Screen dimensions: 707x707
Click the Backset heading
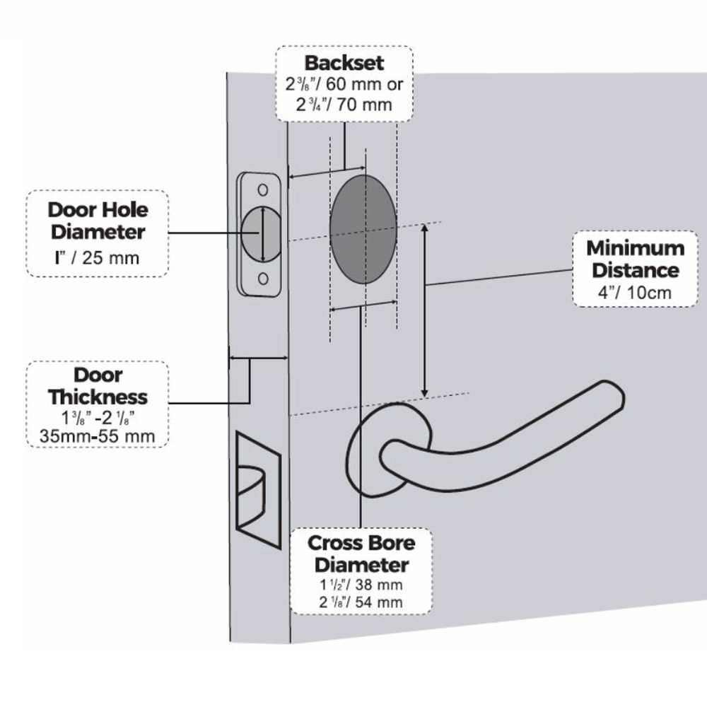point(344,63)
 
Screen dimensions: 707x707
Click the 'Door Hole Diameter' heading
point(98,221)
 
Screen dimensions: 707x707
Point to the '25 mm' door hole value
point(111,257)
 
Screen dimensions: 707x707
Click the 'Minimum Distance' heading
point(635,259)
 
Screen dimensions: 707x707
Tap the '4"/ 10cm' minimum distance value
point(634,293)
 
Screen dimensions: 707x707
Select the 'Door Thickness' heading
point(98,385)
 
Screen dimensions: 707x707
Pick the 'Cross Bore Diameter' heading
point(361,554)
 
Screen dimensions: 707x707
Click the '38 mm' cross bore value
point(380,585)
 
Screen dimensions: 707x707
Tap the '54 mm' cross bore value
point(380,602)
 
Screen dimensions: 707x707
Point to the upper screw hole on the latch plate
point(262,189)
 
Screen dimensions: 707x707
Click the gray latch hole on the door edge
point(259,233)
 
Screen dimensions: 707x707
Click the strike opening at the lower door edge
point(255,488)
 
